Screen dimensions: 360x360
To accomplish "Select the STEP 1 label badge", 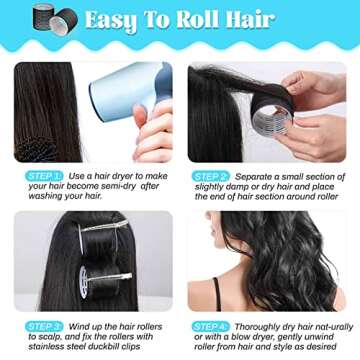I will coord(45,174).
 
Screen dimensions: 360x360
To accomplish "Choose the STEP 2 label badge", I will coord(211,174).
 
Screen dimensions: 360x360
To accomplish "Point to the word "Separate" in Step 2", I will coord(254,174).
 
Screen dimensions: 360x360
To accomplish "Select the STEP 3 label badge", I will coord(45,326).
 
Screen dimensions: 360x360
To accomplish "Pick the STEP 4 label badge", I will coord(211,326).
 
